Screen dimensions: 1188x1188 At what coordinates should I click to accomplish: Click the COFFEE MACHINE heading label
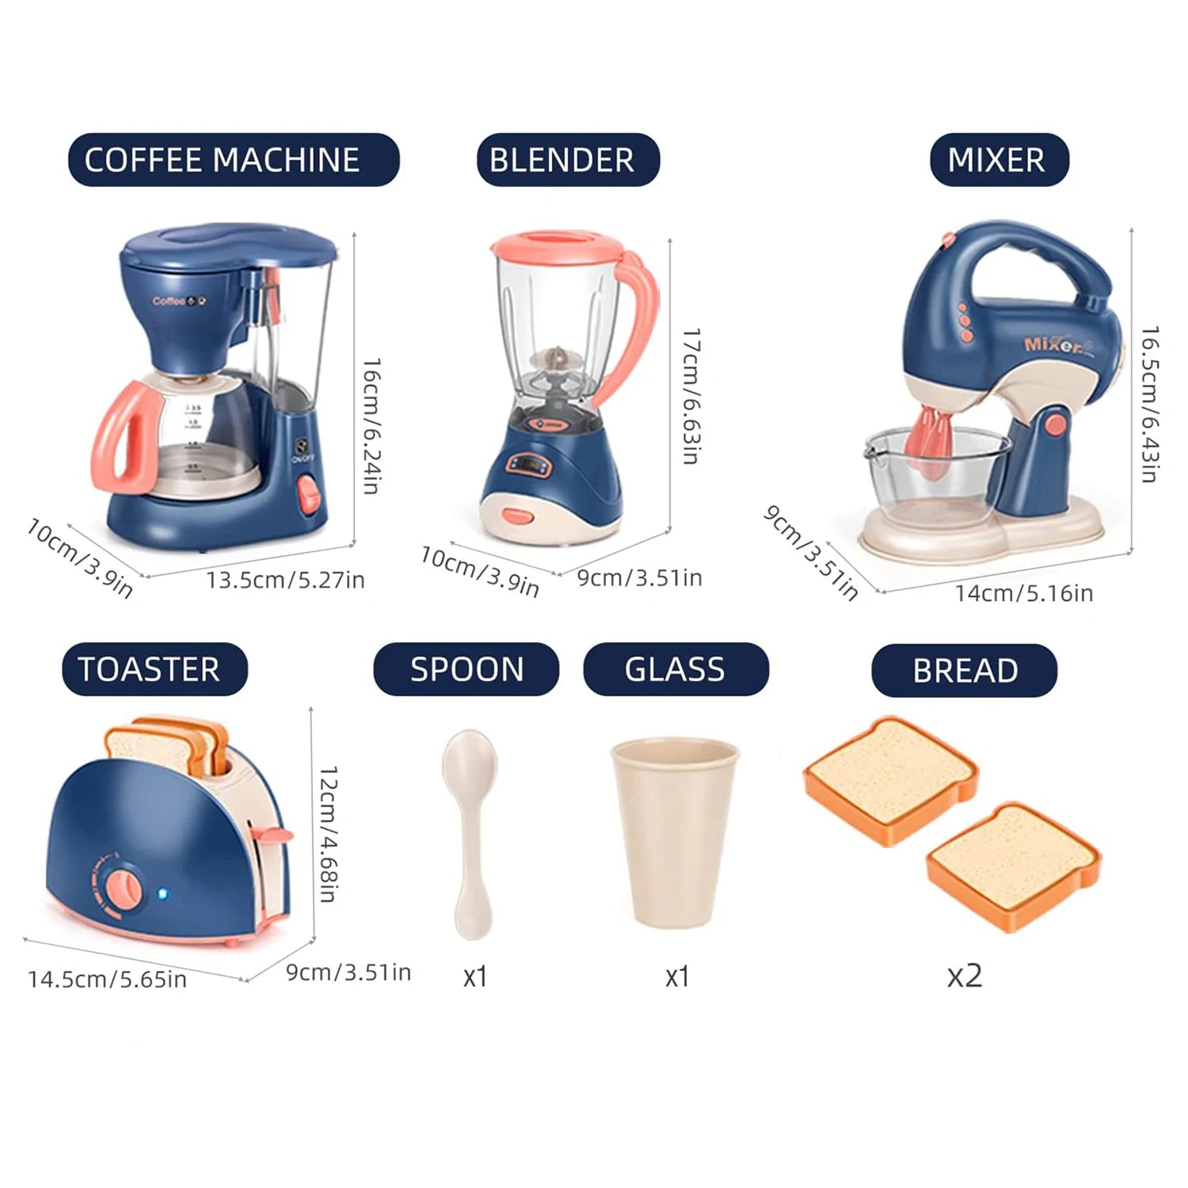234,160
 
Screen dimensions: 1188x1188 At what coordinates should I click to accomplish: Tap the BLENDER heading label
567,160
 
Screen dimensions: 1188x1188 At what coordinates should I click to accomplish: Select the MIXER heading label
999,160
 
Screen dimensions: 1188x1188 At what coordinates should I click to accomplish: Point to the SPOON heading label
466,669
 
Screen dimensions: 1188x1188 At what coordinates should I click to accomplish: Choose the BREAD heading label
964,671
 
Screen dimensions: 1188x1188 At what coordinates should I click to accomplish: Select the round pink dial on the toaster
123,888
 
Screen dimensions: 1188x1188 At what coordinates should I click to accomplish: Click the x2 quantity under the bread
964,975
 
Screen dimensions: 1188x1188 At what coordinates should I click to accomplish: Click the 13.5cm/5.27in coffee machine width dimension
285,581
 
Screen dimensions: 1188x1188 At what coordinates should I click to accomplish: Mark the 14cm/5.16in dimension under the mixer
1023,593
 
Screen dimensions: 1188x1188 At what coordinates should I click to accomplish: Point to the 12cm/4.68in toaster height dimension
328,833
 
